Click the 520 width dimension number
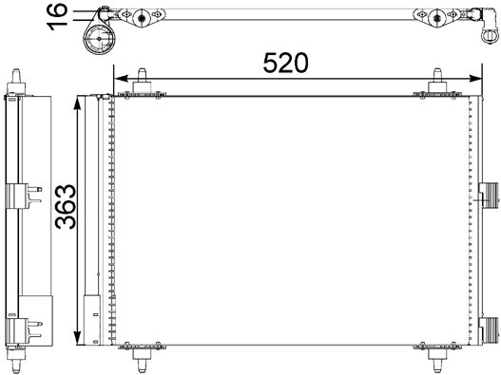click(285, 63)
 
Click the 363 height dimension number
click(66, 207)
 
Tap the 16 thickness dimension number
click(57, 17)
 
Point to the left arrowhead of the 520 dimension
click(121, 78)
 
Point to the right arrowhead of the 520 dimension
click(474, 78)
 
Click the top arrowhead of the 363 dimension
click(77, 103)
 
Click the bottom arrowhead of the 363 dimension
click(77, 338)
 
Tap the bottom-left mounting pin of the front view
click(142, 359)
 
